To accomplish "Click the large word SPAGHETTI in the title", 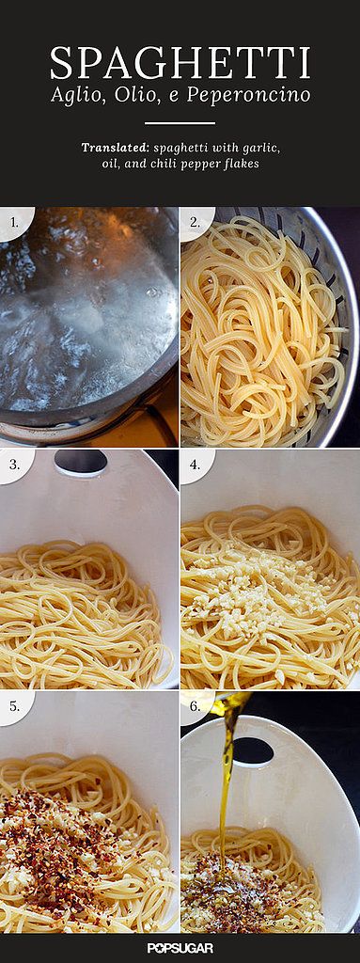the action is click(180, 63).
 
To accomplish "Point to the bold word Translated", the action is click(117, 148).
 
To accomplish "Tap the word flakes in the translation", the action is click(241, 165).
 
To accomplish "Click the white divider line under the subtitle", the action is click(180, 123).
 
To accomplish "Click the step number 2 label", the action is click(195, 223).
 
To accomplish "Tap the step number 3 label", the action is click(13, 464).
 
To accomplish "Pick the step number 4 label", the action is click(195, 464).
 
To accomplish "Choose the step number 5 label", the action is click(13, 706).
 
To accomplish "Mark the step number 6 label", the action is click(195, 706).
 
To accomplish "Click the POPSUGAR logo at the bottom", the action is click(180, 949).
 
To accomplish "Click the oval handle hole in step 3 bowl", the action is click(81, 461).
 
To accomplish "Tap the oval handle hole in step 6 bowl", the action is click(253, 750).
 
